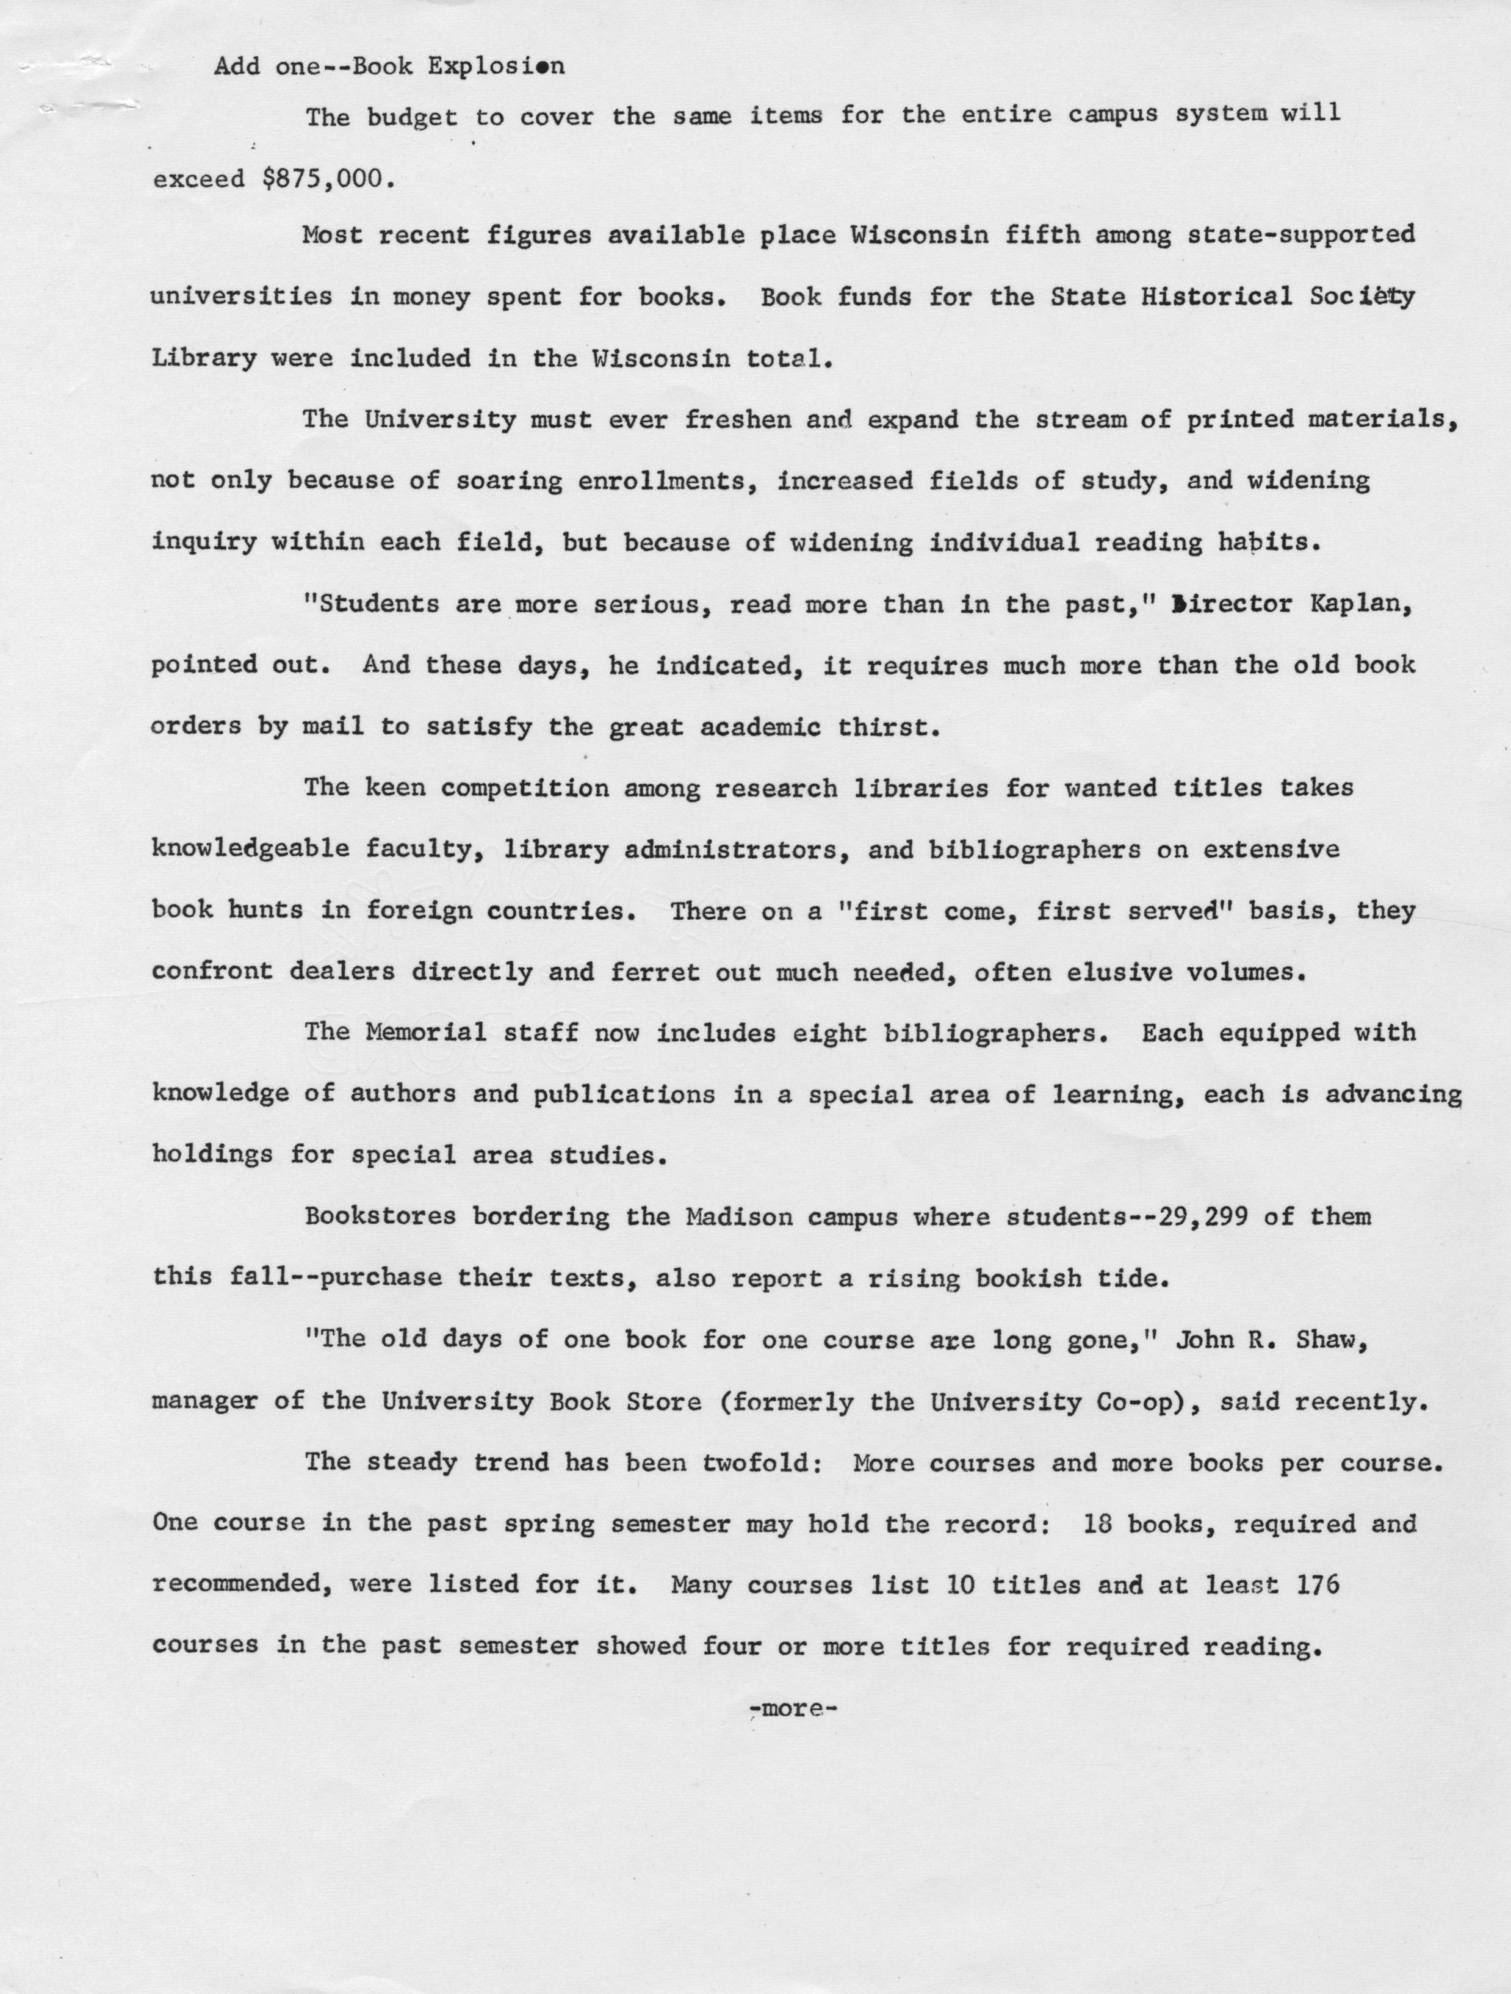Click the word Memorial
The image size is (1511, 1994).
click(x=425, y=1033)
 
